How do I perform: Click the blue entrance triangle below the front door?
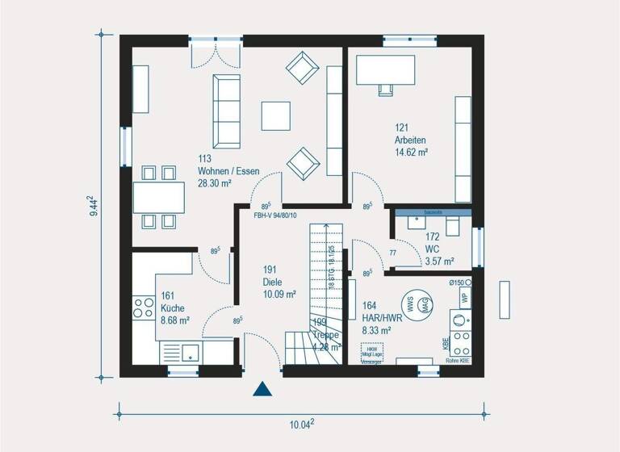262,390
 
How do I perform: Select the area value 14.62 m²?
411,152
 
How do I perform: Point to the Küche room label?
174,308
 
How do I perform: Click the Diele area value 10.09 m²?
279,294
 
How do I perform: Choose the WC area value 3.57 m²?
439,261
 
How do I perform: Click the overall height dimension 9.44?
95,207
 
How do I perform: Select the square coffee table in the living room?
277,113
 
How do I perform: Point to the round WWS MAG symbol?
416,304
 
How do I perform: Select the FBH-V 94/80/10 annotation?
275,216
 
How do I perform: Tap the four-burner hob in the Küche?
144,308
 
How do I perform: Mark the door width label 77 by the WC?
393,253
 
